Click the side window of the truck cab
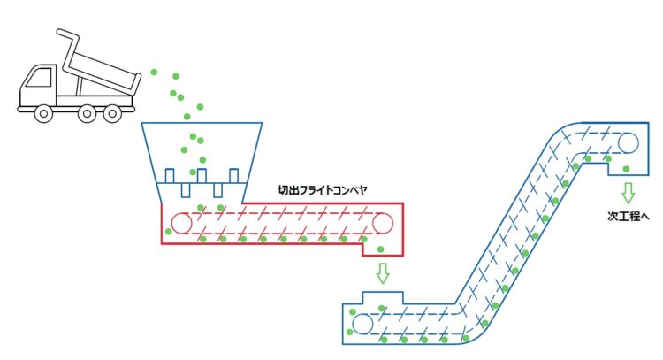[39, 78]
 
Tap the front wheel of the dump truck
[42, 112]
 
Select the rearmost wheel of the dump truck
[112, 112]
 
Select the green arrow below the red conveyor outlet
[382, 272]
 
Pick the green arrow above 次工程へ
[629, 192]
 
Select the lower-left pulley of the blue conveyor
[362, 324]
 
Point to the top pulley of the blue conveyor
[629, 142]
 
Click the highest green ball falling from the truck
[154, 70]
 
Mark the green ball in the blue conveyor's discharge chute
[626, 168]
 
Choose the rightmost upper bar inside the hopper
[233, 174]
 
